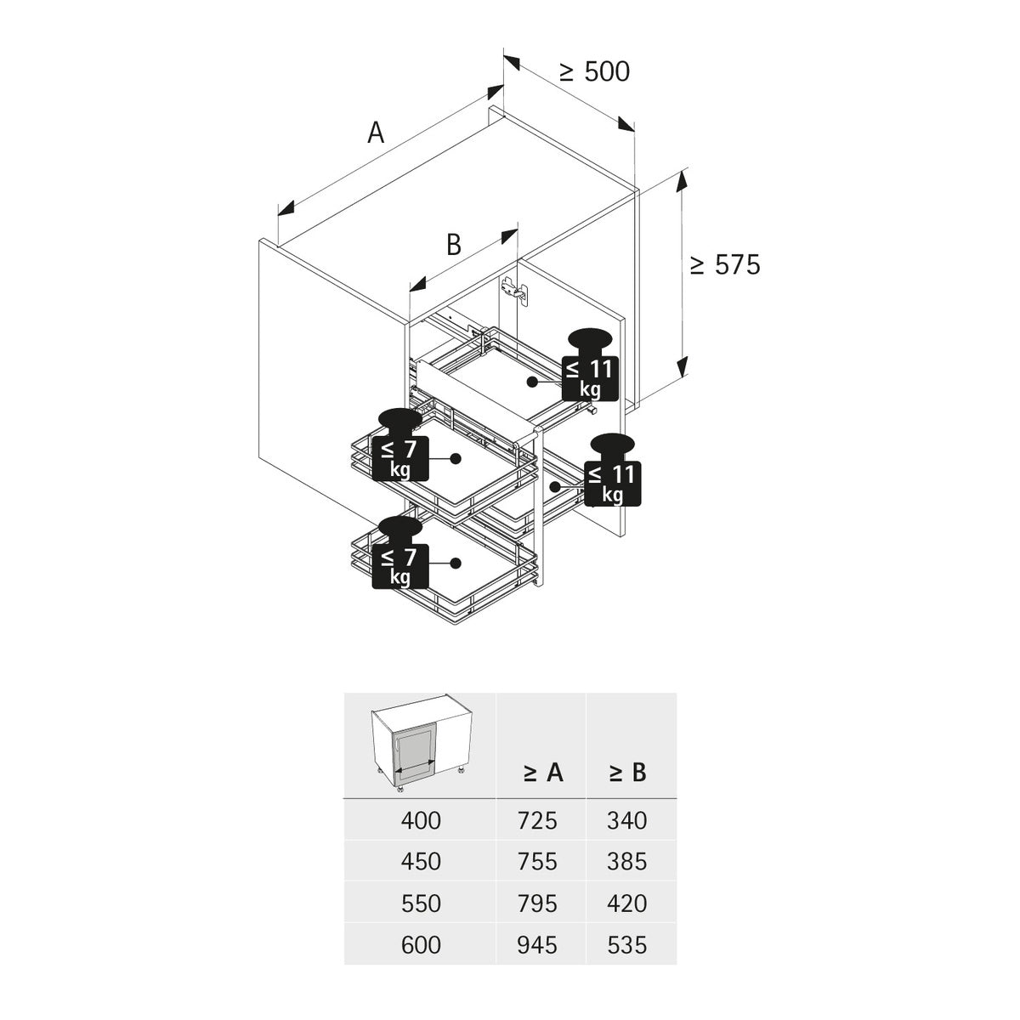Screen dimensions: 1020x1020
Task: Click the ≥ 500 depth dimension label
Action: tap(595, 72)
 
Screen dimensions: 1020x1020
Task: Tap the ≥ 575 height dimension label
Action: tap(724, 265)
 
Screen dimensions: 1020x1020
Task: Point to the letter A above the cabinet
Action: tap(376, 133)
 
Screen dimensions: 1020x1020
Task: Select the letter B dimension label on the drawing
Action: tap(454, 245)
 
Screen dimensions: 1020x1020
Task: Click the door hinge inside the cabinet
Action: tap(513, 290)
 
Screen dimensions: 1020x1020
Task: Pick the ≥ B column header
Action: tap(627, 773)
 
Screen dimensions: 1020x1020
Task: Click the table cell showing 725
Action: tap(537, 821)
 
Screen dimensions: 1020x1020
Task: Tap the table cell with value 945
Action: tap(537, 944)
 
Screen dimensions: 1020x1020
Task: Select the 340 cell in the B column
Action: tap(627, 821)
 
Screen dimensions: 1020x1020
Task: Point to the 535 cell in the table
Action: tap(627, 944)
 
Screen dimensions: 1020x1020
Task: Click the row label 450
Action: tap(421, 862)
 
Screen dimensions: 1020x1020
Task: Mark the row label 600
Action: tap(421, 944)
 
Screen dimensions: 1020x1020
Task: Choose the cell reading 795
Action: tap(537, 903)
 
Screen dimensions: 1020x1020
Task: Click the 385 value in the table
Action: tap(627, 862)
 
